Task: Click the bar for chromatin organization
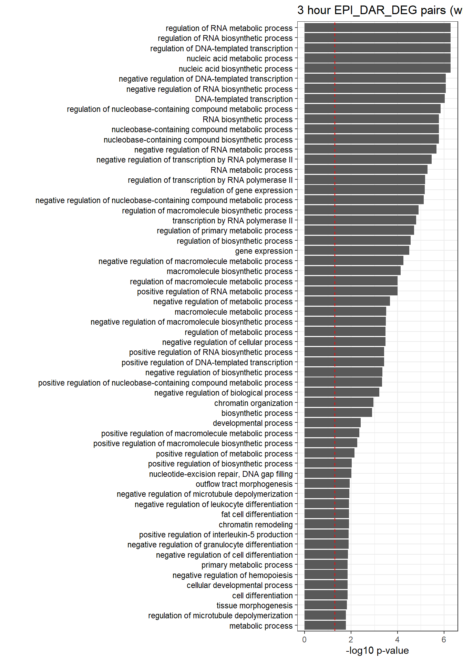click(339, 402)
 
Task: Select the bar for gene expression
click(357, 251)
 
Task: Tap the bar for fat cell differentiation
click(327, 514)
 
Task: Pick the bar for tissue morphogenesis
click(326, 605)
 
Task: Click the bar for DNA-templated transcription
click(374, 99)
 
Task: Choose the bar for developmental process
click(332, 423)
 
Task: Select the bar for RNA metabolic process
click(366, 170)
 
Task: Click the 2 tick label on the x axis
click(351, 640)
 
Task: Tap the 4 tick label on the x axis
click(397, 640)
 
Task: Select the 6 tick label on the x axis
click(444, 640)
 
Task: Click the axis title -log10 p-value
click(377, 651)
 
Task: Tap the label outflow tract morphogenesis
click(244, 484)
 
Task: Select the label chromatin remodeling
click(256, 525)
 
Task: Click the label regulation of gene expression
click(241, 190)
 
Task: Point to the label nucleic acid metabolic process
click(240, 59)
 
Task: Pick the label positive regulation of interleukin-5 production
click(216, 535)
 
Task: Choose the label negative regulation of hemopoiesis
click(233, 575)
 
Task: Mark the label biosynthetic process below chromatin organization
click(257, 413)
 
